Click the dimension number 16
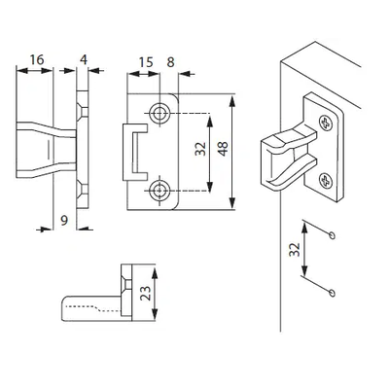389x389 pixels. pyautogui.click(x=37, y=60)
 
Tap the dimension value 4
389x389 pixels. pyautogui.click(x=84, y=60)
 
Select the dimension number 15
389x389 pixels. pyautogui.click(x=146, y=62)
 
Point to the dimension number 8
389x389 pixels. pyautogui.click(x=170, y=62)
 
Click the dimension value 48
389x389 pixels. pyautogui.click(x=223, y=149)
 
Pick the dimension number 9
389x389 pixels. pyautogui.click(x=64, y=221)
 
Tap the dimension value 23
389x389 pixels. pyautogui.click(x=146, y=293)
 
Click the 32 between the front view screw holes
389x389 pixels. pyautogui.click(x=200, y=149)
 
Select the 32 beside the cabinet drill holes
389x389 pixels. pyautogui.click(x=295, y=250)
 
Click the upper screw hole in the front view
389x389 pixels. pyautogui.click(x=159, y=114)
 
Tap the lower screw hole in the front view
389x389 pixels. pyautogui.click(x=159, y=191)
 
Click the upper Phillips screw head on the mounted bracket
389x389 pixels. pyautogui.click(x=326, y=124)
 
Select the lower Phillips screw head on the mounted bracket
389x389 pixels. pyautogui.click(x=326, y=181)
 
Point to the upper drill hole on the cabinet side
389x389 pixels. pyautogui.click(x=332, y=235)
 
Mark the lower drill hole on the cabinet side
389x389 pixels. pyautogui.click(x=332, y=293)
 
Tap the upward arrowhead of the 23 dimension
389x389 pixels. pyautogui.click(x=155, y=274)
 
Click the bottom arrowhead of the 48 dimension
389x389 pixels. pyautogui.click(x=231, y=203)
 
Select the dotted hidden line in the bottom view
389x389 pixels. pyautogui.click(x=94, y=308)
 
